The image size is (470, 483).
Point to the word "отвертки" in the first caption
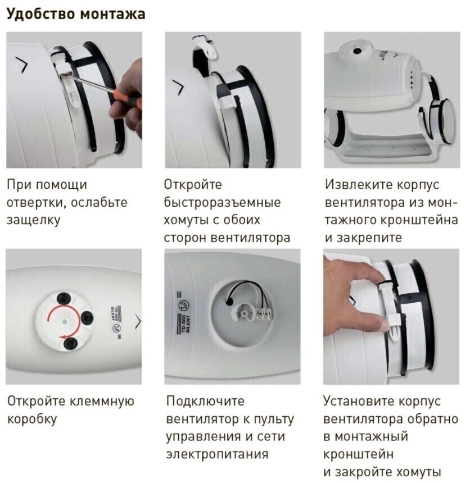tap(35, 203)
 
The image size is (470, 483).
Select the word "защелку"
tap(33, 221)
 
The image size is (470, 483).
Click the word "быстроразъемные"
tap(223, 202)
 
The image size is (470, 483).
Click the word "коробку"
tap(32, 419)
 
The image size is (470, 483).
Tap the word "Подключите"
tap(205, 401)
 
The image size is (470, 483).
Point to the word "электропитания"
tap(217, 454)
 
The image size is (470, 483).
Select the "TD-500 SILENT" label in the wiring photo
tap(186, 323)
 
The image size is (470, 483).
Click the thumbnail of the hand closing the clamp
tap(391, 317)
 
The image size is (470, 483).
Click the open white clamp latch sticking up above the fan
tap(205, 47)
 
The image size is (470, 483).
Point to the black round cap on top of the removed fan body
tap(358, 51)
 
